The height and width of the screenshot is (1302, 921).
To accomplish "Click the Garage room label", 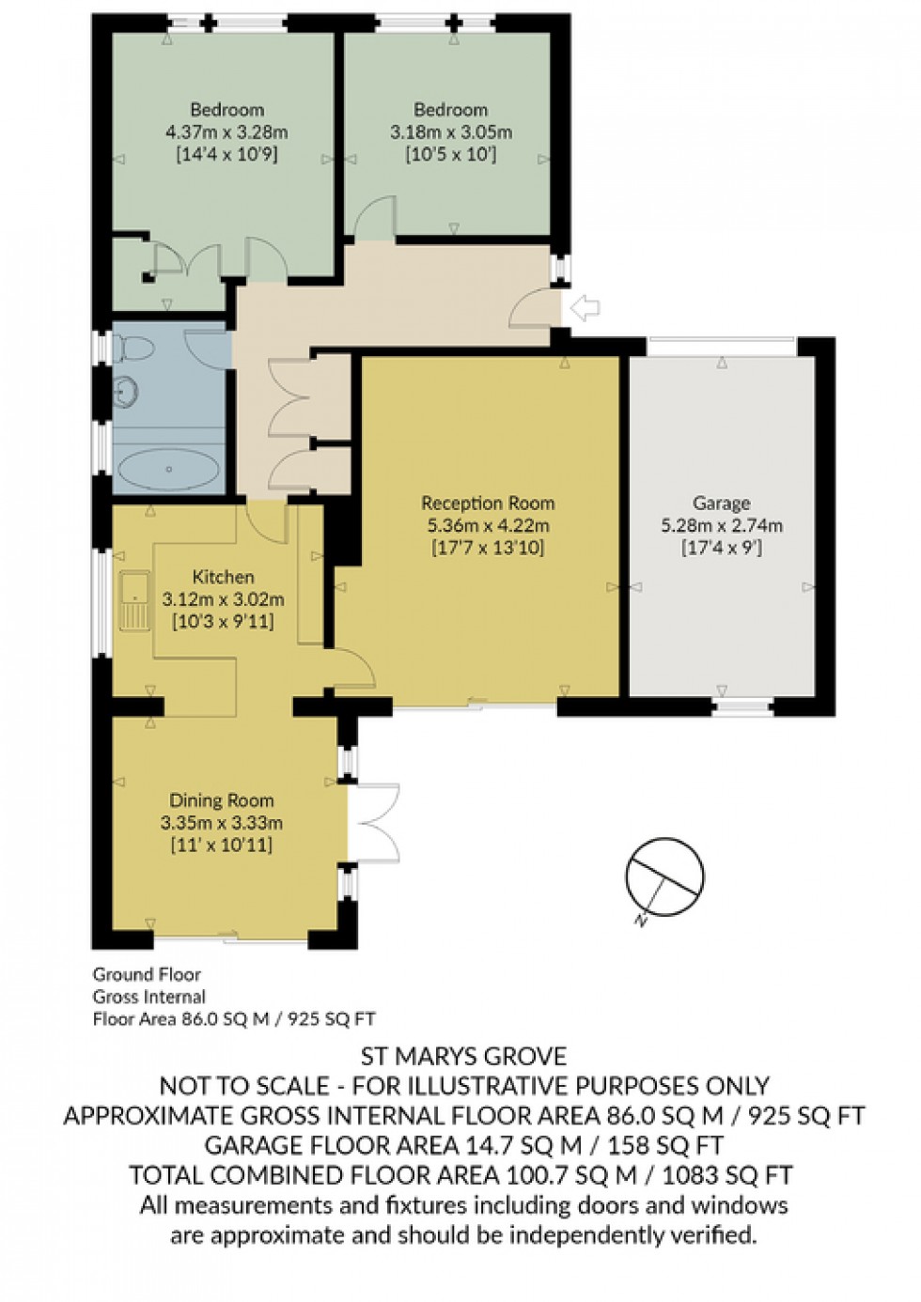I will coord(721,504).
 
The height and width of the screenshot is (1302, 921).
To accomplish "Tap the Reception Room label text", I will coord(487,504).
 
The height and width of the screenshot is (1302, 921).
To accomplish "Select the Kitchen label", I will coord(223,577).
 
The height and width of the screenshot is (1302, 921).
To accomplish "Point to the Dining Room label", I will coord(222,800).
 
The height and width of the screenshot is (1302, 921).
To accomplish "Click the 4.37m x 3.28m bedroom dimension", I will coord(226,132).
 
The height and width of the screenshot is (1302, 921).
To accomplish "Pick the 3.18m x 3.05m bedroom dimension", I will coord(451,132).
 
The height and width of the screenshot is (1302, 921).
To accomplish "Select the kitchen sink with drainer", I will coord(135,601).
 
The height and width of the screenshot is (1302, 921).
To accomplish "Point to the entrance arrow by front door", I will coord(585,306).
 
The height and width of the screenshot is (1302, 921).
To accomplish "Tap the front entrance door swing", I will coord(532,308).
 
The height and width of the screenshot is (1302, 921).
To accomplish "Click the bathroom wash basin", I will coord(125,392).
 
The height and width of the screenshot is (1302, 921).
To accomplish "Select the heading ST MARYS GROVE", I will coord(463,1057).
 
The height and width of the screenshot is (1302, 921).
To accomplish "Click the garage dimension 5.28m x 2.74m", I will coord(721,526).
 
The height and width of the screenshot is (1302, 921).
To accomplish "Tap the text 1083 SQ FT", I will coord(727,1175).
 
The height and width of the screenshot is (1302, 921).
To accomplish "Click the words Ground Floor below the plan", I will coord(147,974).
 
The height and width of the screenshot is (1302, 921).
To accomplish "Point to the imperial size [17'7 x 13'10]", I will coord(487,548).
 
